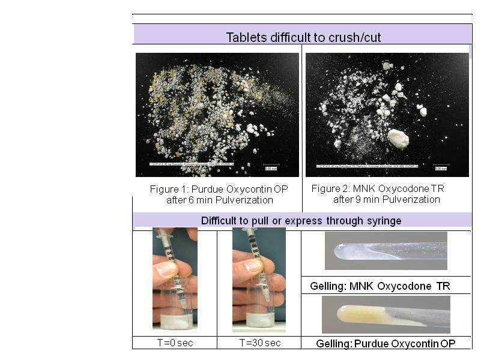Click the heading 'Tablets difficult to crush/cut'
(x=303, y=37)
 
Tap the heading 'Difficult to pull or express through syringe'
(x=301, y=221)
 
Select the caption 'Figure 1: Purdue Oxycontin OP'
(x=219, y=189)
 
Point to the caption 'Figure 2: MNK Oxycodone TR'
(x=378, y=188)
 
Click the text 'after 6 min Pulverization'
(x=219, y=200)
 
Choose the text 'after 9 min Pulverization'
(x=387, y=199)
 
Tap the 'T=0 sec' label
(x=174, y=343)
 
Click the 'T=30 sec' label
(x=259, y=343)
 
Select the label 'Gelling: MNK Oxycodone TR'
(x=380, y=286)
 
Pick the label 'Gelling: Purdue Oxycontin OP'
(x=386, y=344)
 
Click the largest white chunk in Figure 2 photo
(x=398, y=139)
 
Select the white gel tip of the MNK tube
(x=343, y=251)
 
